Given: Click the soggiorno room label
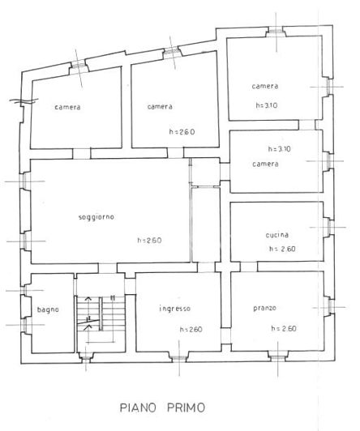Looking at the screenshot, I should point(96,217).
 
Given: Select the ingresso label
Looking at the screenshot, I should point(174,308).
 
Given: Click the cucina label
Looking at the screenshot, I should point(276,235).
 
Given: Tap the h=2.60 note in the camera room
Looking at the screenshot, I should point(183,132).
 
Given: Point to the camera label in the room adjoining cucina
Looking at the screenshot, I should point(265,164).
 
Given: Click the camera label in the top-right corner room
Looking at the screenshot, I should point(265,87).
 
